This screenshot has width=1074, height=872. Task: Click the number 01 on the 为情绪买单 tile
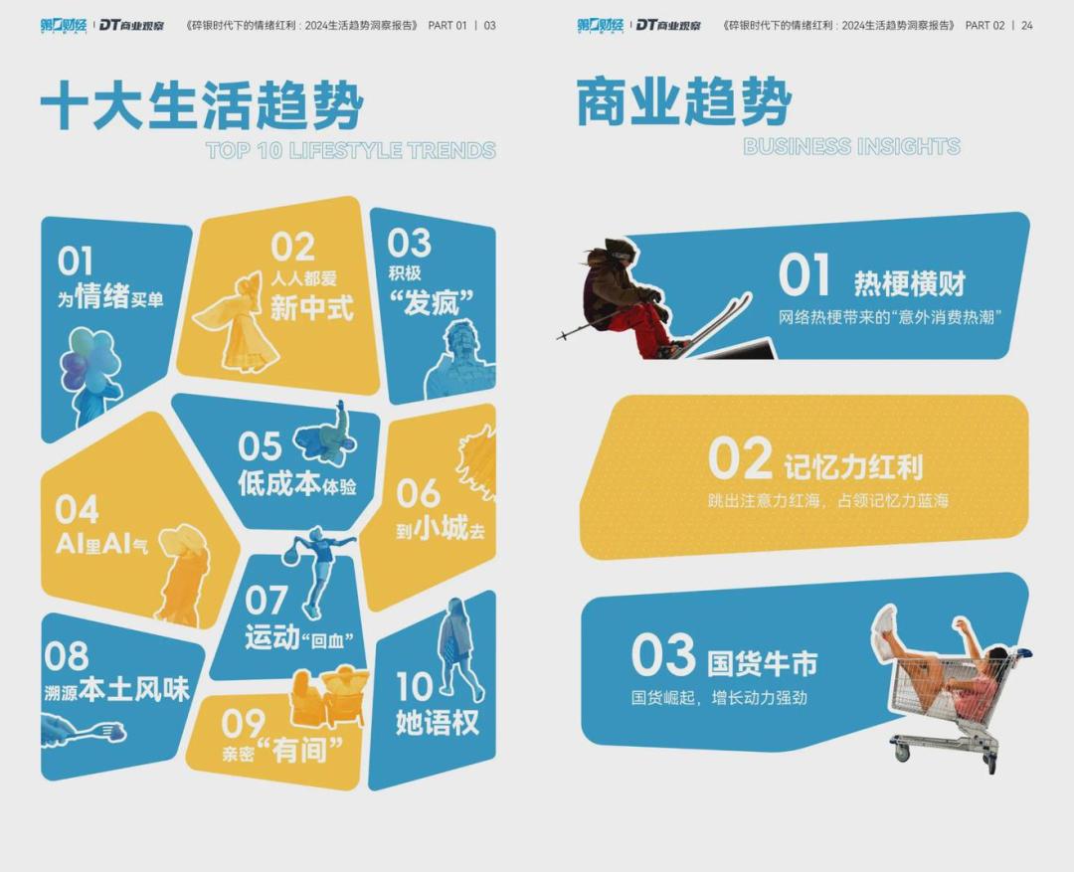pyautogui.click(x=75, y=261)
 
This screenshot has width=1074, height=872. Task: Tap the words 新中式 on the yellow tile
pyautogui.click(x=311, y=307)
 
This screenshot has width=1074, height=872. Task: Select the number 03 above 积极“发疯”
pyautogui.click(x=409, y=244)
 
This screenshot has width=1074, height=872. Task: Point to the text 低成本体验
pyautogui.click(x=296, y=483)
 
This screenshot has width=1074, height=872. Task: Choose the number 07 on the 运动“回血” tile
pyautogui.click(x=266, y=600)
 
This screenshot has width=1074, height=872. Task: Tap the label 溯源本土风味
pyautogui.click(x=116, y=689)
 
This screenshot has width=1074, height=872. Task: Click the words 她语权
pyautogui.click(x=437, y=722)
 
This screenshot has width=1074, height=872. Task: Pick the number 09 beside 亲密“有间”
pyautogui.click(x=243, y=724)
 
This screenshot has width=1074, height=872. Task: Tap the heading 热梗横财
pyautogui.click(x=910, y=283)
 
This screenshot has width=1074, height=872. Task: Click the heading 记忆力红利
pyautogui.click(x=853, y=467)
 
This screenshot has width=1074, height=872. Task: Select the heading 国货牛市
pyautogui.click(x=763, y=663)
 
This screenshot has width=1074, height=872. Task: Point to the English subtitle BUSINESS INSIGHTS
pyautogui.click(x=851, y=146)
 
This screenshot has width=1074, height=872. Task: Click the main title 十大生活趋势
pyautogui.click(x=202, y=104)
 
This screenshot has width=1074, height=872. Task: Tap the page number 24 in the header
pyautogui.click(x=1026, y=25)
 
